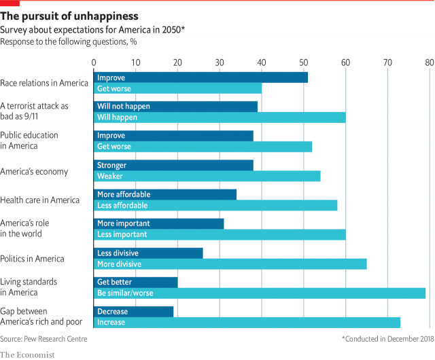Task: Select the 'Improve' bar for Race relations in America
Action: click(201, 77)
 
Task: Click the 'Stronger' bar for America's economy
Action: click(173, 165)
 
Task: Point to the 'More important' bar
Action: click(158, 223)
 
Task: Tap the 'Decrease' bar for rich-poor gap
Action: click(133, 312)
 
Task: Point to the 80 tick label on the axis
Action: click(429, 62)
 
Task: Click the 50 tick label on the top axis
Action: click(303, 62)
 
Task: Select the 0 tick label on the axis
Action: click(94, 62)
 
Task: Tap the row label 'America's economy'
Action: click(34, 171)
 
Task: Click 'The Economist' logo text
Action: click(27, 354)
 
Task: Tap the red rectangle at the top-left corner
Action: click(10, 3)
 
